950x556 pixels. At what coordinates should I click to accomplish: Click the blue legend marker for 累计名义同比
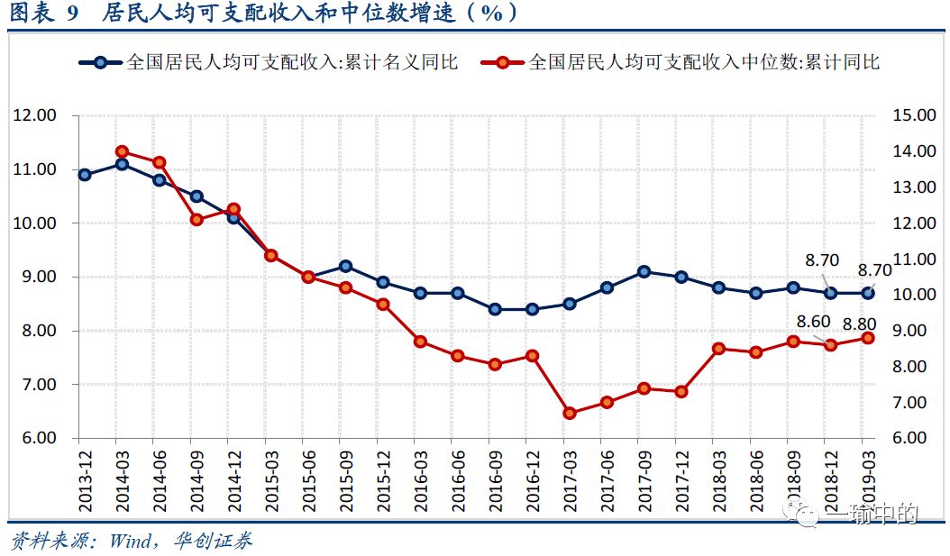[x=101, y=62]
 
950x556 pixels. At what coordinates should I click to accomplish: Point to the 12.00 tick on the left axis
[x=35, y=115]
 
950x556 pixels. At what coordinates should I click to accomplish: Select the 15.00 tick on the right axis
[x=912, y=115]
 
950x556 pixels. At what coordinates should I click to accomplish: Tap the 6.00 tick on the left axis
[x=35, y=438]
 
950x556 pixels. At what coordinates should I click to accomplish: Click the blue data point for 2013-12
[x=85, y=175]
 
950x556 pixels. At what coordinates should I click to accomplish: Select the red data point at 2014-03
[x=122, y=151]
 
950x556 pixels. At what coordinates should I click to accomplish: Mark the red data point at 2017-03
[x=569, y=414]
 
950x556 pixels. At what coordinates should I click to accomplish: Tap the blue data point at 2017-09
[x=644, y=271]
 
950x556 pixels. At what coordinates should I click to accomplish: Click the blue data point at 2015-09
[x=345, y=266]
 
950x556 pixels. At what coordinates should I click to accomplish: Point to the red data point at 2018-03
[x=718, y=349]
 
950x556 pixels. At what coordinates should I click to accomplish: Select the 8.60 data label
[x=814, y=321]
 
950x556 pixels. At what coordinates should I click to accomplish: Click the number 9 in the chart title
[x=74, y=13]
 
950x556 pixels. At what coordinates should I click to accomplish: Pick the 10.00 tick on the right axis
[x=912, y=295]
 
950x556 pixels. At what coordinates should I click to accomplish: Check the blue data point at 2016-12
[x=532, y=309]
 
